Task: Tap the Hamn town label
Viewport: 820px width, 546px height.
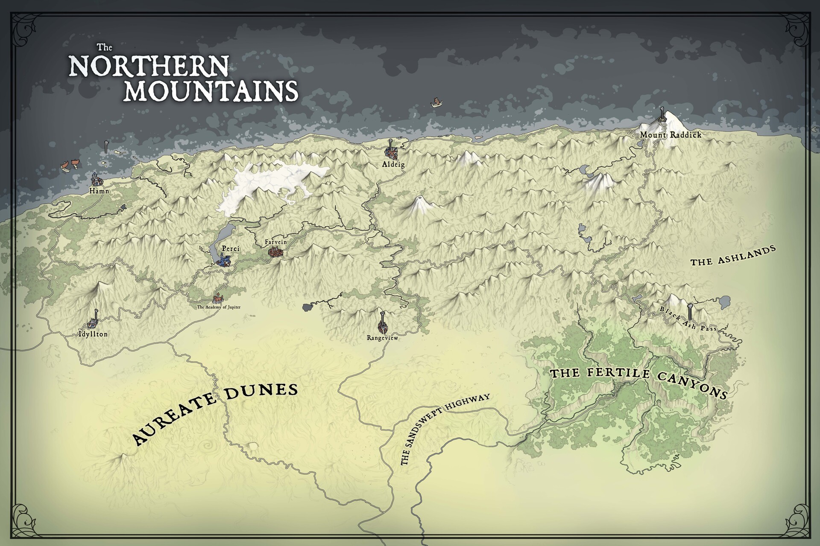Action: click(99, 192)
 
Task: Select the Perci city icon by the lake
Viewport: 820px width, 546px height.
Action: click(223, 260)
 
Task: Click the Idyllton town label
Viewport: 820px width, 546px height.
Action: click(93, 334)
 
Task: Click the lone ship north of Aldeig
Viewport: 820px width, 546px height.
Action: click(436, 102)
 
